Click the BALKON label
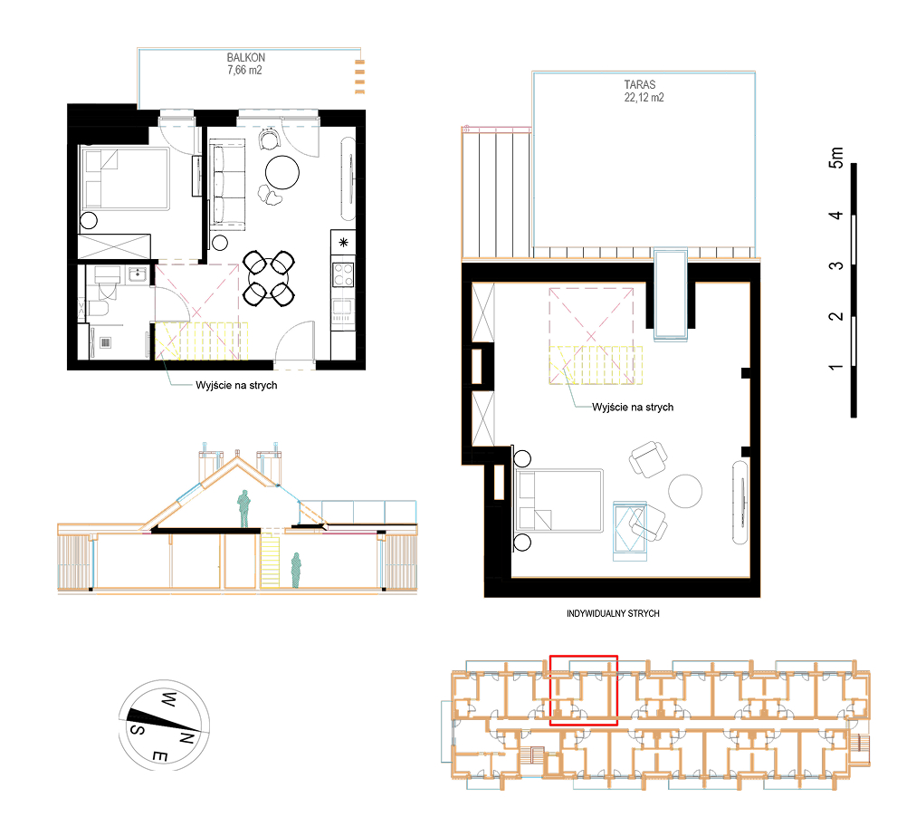(x=245, y=58)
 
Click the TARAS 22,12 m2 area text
(x=644, y=91)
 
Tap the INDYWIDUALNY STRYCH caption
(x=613, y=613)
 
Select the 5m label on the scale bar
(x=836, y=158)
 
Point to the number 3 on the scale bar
(x=836, y=265)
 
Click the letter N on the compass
(x=186, y=738)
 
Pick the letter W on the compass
(x=169, y=699)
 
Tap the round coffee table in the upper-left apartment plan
(x=282, y=172)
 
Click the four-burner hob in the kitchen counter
(x=343, y=274)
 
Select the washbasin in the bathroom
(x=138, y=274)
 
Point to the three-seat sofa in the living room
(x=227, y=185)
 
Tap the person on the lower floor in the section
(x=296, y=570)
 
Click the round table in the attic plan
(x=684, y=491)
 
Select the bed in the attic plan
(x=559, y=501)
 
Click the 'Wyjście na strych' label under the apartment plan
(x=236, y=385)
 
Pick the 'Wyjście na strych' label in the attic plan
(x=633, y=407)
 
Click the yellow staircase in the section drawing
(x=270, y=560)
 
